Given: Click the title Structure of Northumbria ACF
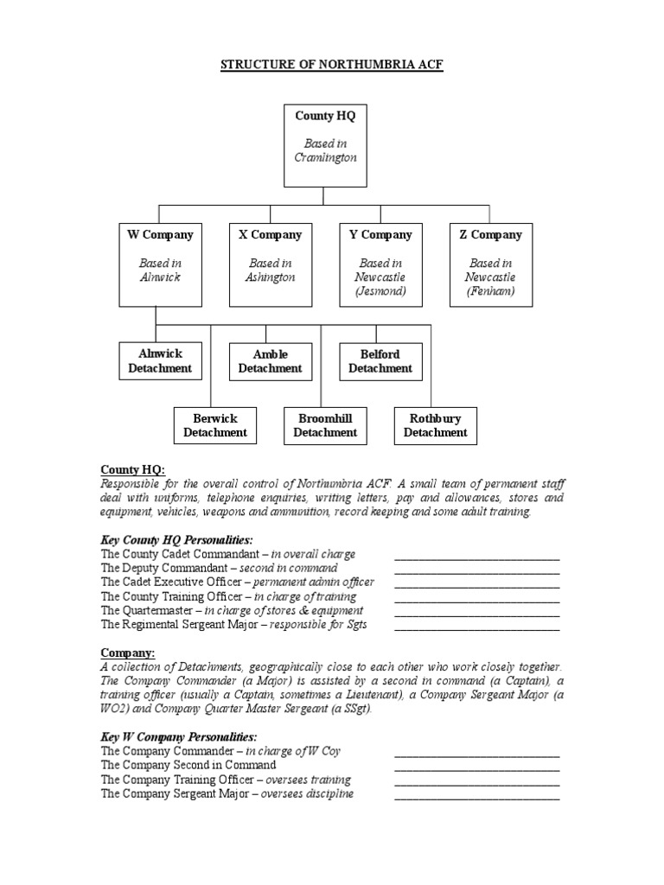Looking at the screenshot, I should click(x=332, y=66).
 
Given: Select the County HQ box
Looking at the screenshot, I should click(x=325, y=145).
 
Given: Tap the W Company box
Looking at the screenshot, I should click(x=160, y=264).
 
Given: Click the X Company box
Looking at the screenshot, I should click(x=271, y=264).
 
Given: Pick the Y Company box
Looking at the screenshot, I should click(x=380, y=264).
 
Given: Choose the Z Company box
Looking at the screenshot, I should click(x=490, y=264).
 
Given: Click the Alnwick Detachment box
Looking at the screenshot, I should click(x=160, y=361).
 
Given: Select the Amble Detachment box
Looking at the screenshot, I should click(x=271, y=361).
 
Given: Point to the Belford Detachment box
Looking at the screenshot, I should click(x=380, y=361).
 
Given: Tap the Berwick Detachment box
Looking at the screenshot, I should click(x=215, y=425).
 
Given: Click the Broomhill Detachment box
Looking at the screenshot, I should click(x=325, y=425).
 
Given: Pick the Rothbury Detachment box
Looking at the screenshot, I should click(x=436, y=425).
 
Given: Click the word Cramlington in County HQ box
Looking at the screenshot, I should click(x=325, y=158).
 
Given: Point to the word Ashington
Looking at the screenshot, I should click(x=271, y=277).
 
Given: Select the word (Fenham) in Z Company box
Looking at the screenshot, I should click(x=490, y=291).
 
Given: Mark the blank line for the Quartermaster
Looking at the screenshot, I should click(x=476, y=614).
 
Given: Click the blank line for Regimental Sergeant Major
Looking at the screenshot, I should click(x=476, y=628).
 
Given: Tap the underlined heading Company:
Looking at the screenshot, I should click(x=127, y=653).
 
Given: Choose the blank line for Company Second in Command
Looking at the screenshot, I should click(x=476, y=769).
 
